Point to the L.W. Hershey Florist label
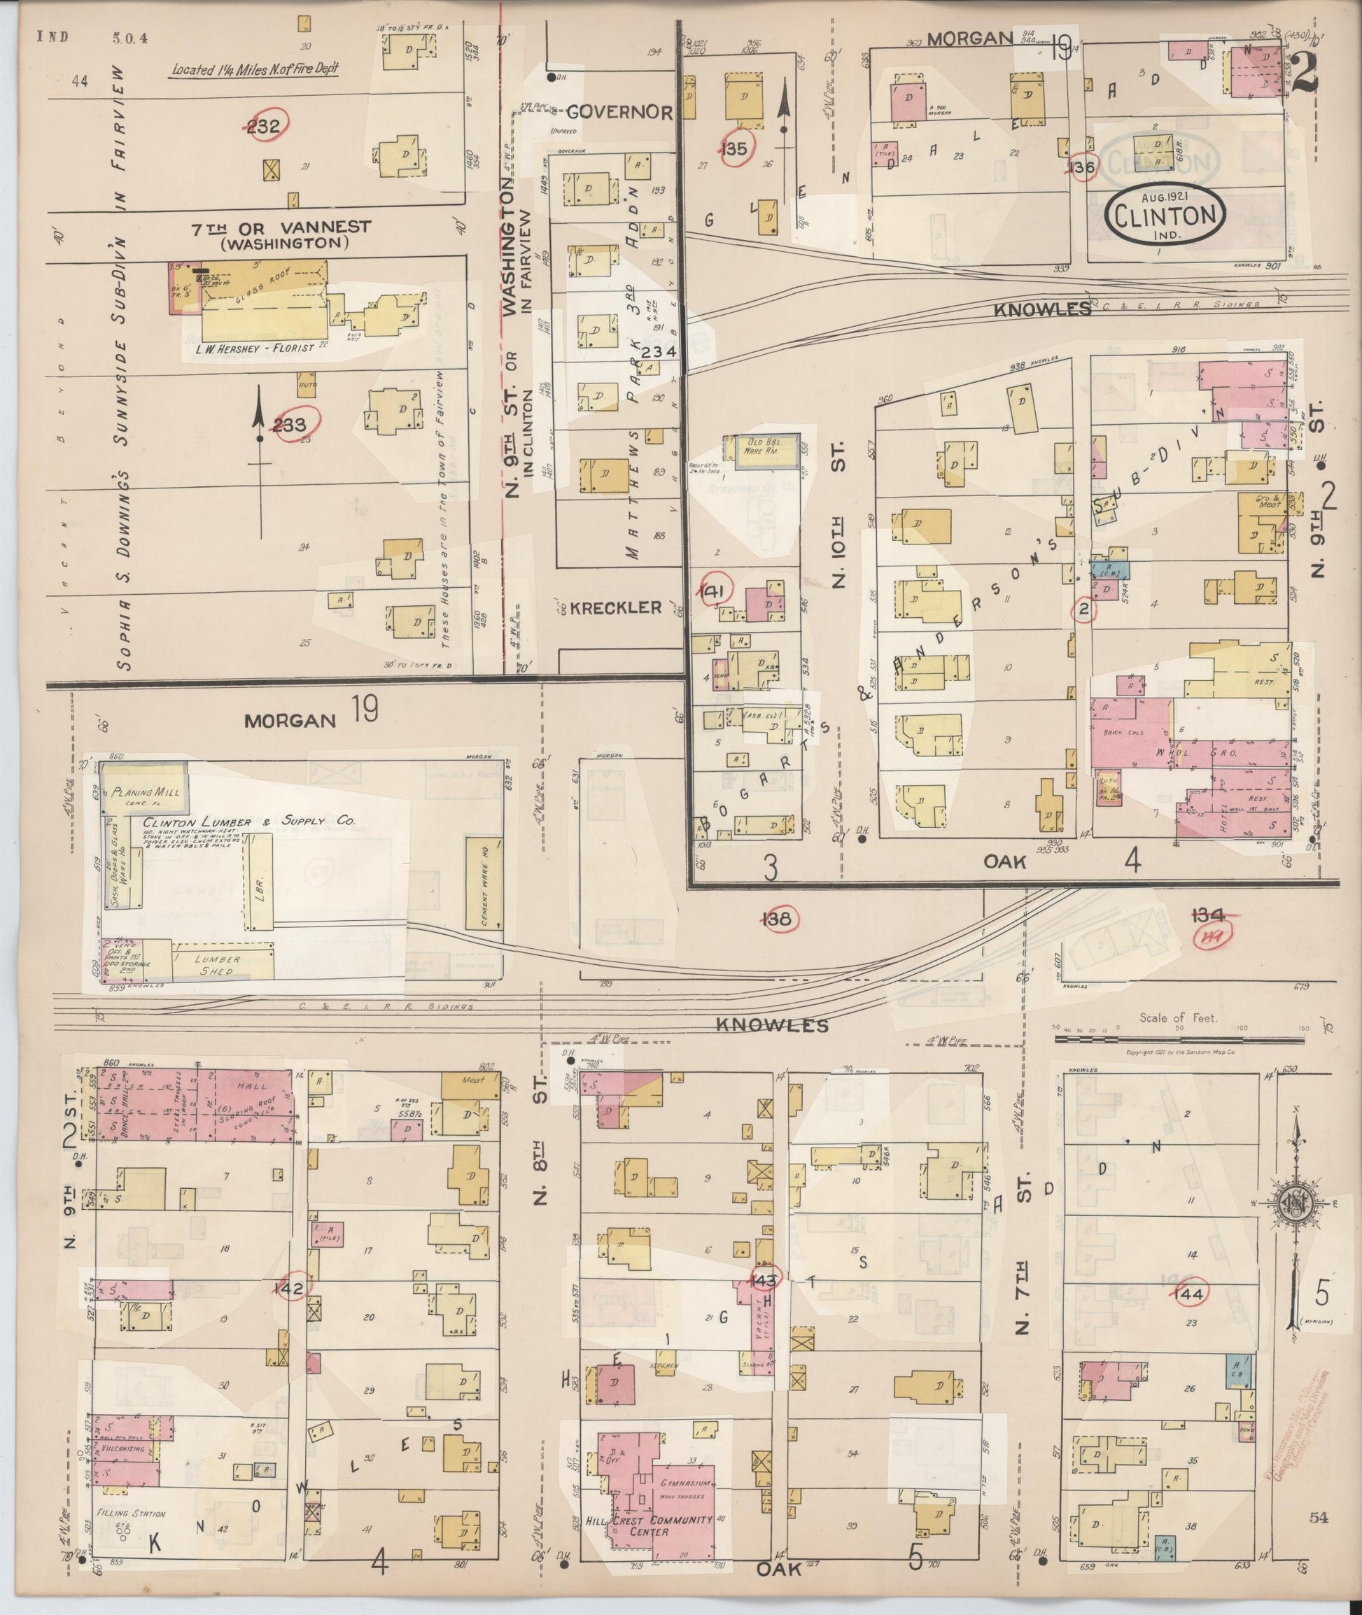(x=255, y=348)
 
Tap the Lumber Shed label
(x=218, y=965)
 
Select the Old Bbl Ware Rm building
(x=761, y=451)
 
